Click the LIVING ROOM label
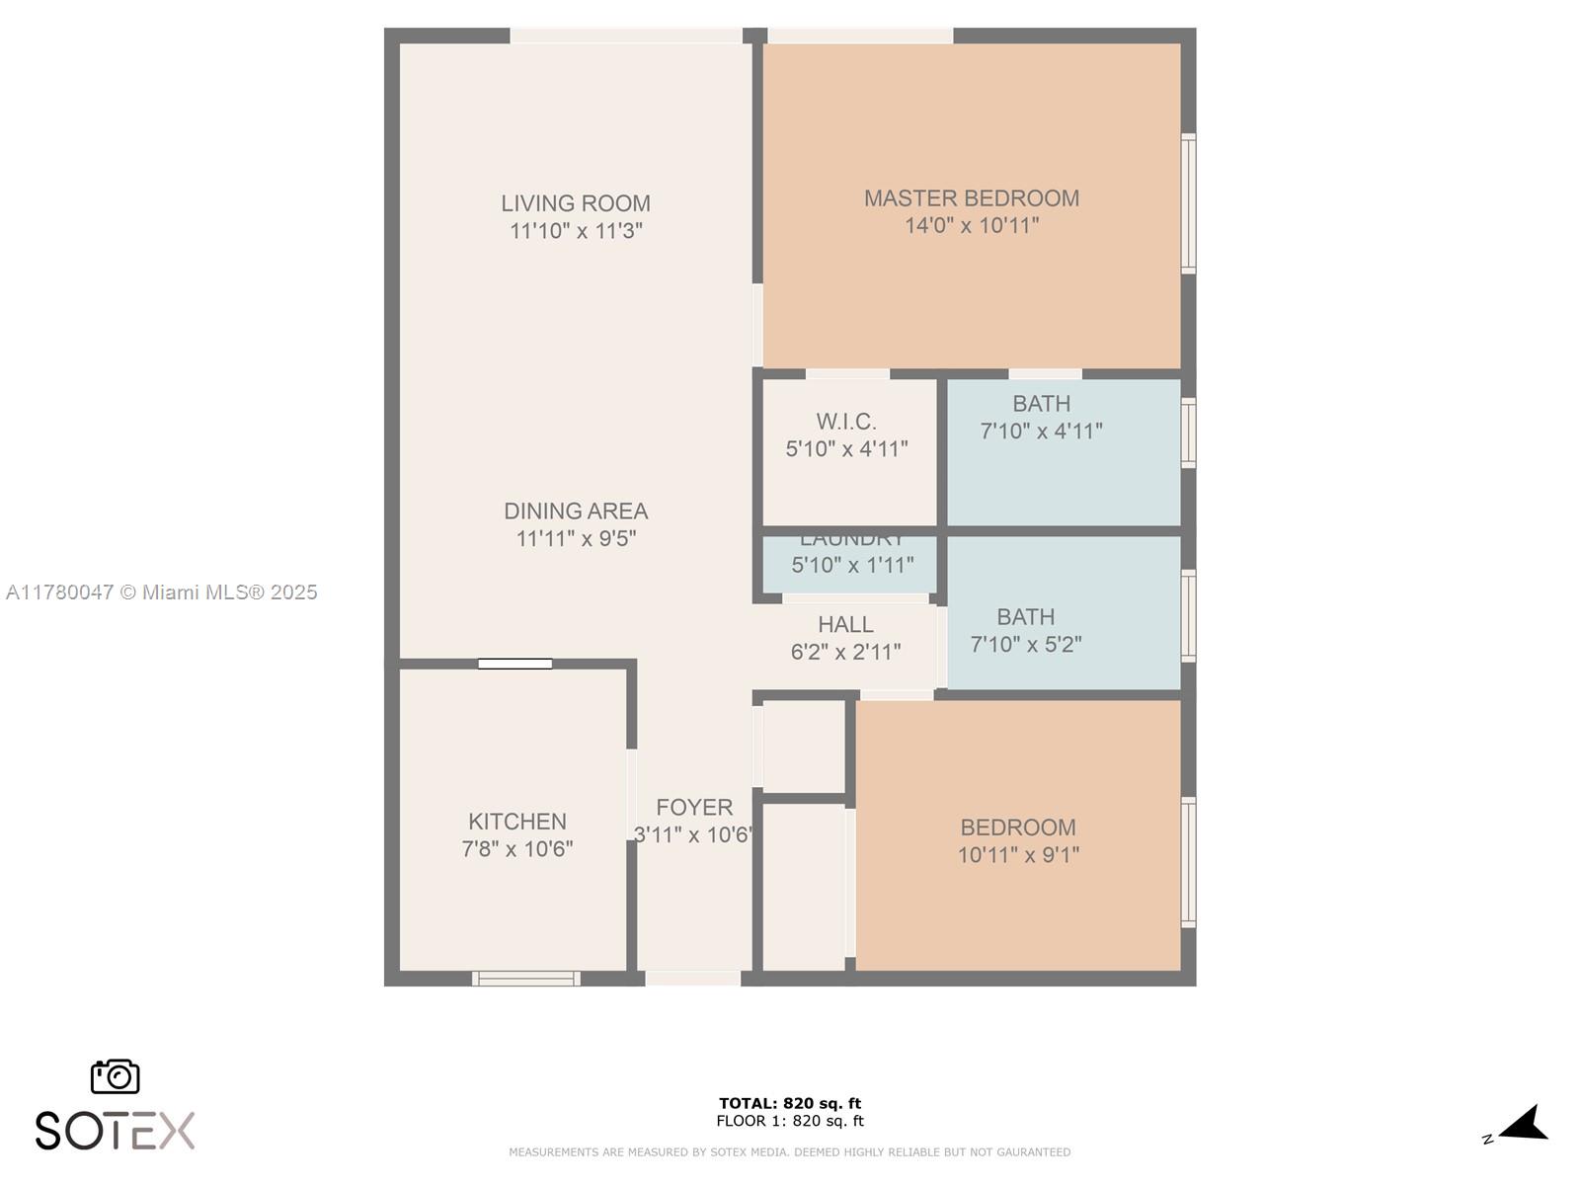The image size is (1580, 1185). click(575, 203)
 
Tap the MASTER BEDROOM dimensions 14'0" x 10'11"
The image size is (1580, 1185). click(972, 226)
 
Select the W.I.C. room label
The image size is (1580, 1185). click(846, 422)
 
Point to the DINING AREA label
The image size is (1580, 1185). click(576, 512)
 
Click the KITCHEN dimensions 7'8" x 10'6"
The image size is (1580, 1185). click(516, 849)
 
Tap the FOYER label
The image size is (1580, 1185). click(694, 808)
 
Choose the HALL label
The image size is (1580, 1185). click(845, 625)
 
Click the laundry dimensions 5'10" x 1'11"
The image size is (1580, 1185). click(852, 566)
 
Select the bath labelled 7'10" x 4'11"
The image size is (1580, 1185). click(1041, 417)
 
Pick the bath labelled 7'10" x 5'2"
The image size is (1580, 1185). click(1026, 630)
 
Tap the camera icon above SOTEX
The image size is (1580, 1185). click(116, 1076)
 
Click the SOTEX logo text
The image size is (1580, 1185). click(115, 1131)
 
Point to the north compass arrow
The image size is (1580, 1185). click(1524, 1125)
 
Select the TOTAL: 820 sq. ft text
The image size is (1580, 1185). click(789, 1103)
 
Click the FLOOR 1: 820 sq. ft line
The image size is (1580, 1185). click(789, 1121)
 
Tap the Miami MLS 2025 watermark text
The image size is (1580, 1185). click(162, 592)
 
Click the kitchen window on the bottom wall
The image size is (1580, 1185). click(525, 979)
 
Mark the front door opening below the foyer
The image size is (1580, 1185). click(692, 979)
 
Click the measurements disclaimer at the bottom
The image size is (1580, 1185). click(789, 1152)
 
